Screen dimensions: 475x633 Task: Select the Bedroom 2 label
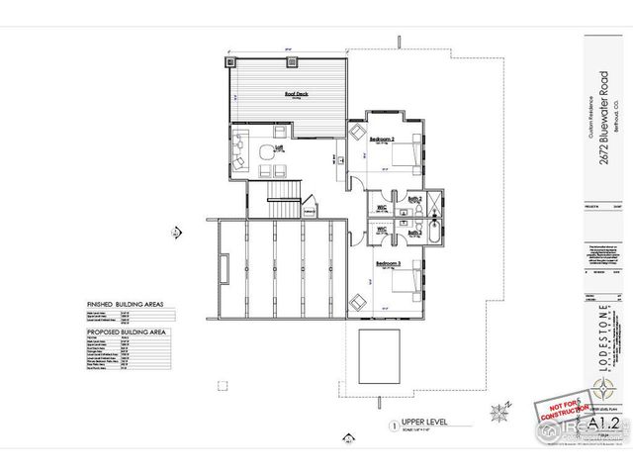pos(383,140)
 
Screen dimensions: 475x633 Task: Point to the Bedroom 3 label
pos(386,263)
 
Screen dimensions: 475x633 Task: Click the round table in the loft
pos(265,153)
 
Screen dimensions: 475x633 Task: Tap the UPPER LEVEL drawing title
pos(421,422)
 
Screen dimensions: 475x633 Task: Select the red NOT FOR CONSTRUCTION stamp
pos(555,414)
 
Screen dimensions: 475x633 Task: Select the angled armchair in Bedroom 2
pos(357,132)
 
